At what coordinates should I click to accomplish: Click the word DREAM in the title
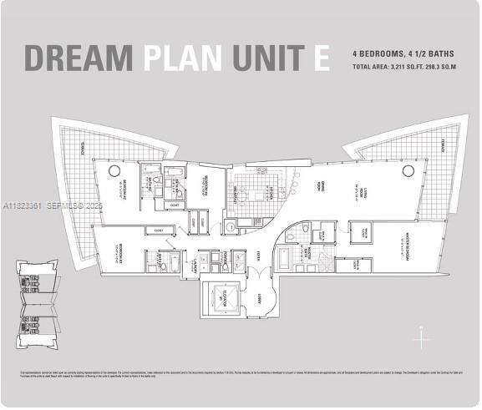tap(79, 58)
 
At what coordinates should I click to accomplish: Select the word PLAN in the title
tap(183, 58)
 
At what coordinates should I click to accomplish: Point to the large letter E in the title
tap(322, 58)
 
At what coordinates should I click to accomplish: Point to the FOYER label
tap(260, 255)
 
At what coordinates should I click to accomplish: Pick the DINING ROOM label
tap(320, 190)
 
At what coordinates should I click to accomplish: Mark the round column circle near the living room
tap(408, 170)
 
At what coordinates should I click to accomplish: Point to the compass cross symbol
tap(424, 340)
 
